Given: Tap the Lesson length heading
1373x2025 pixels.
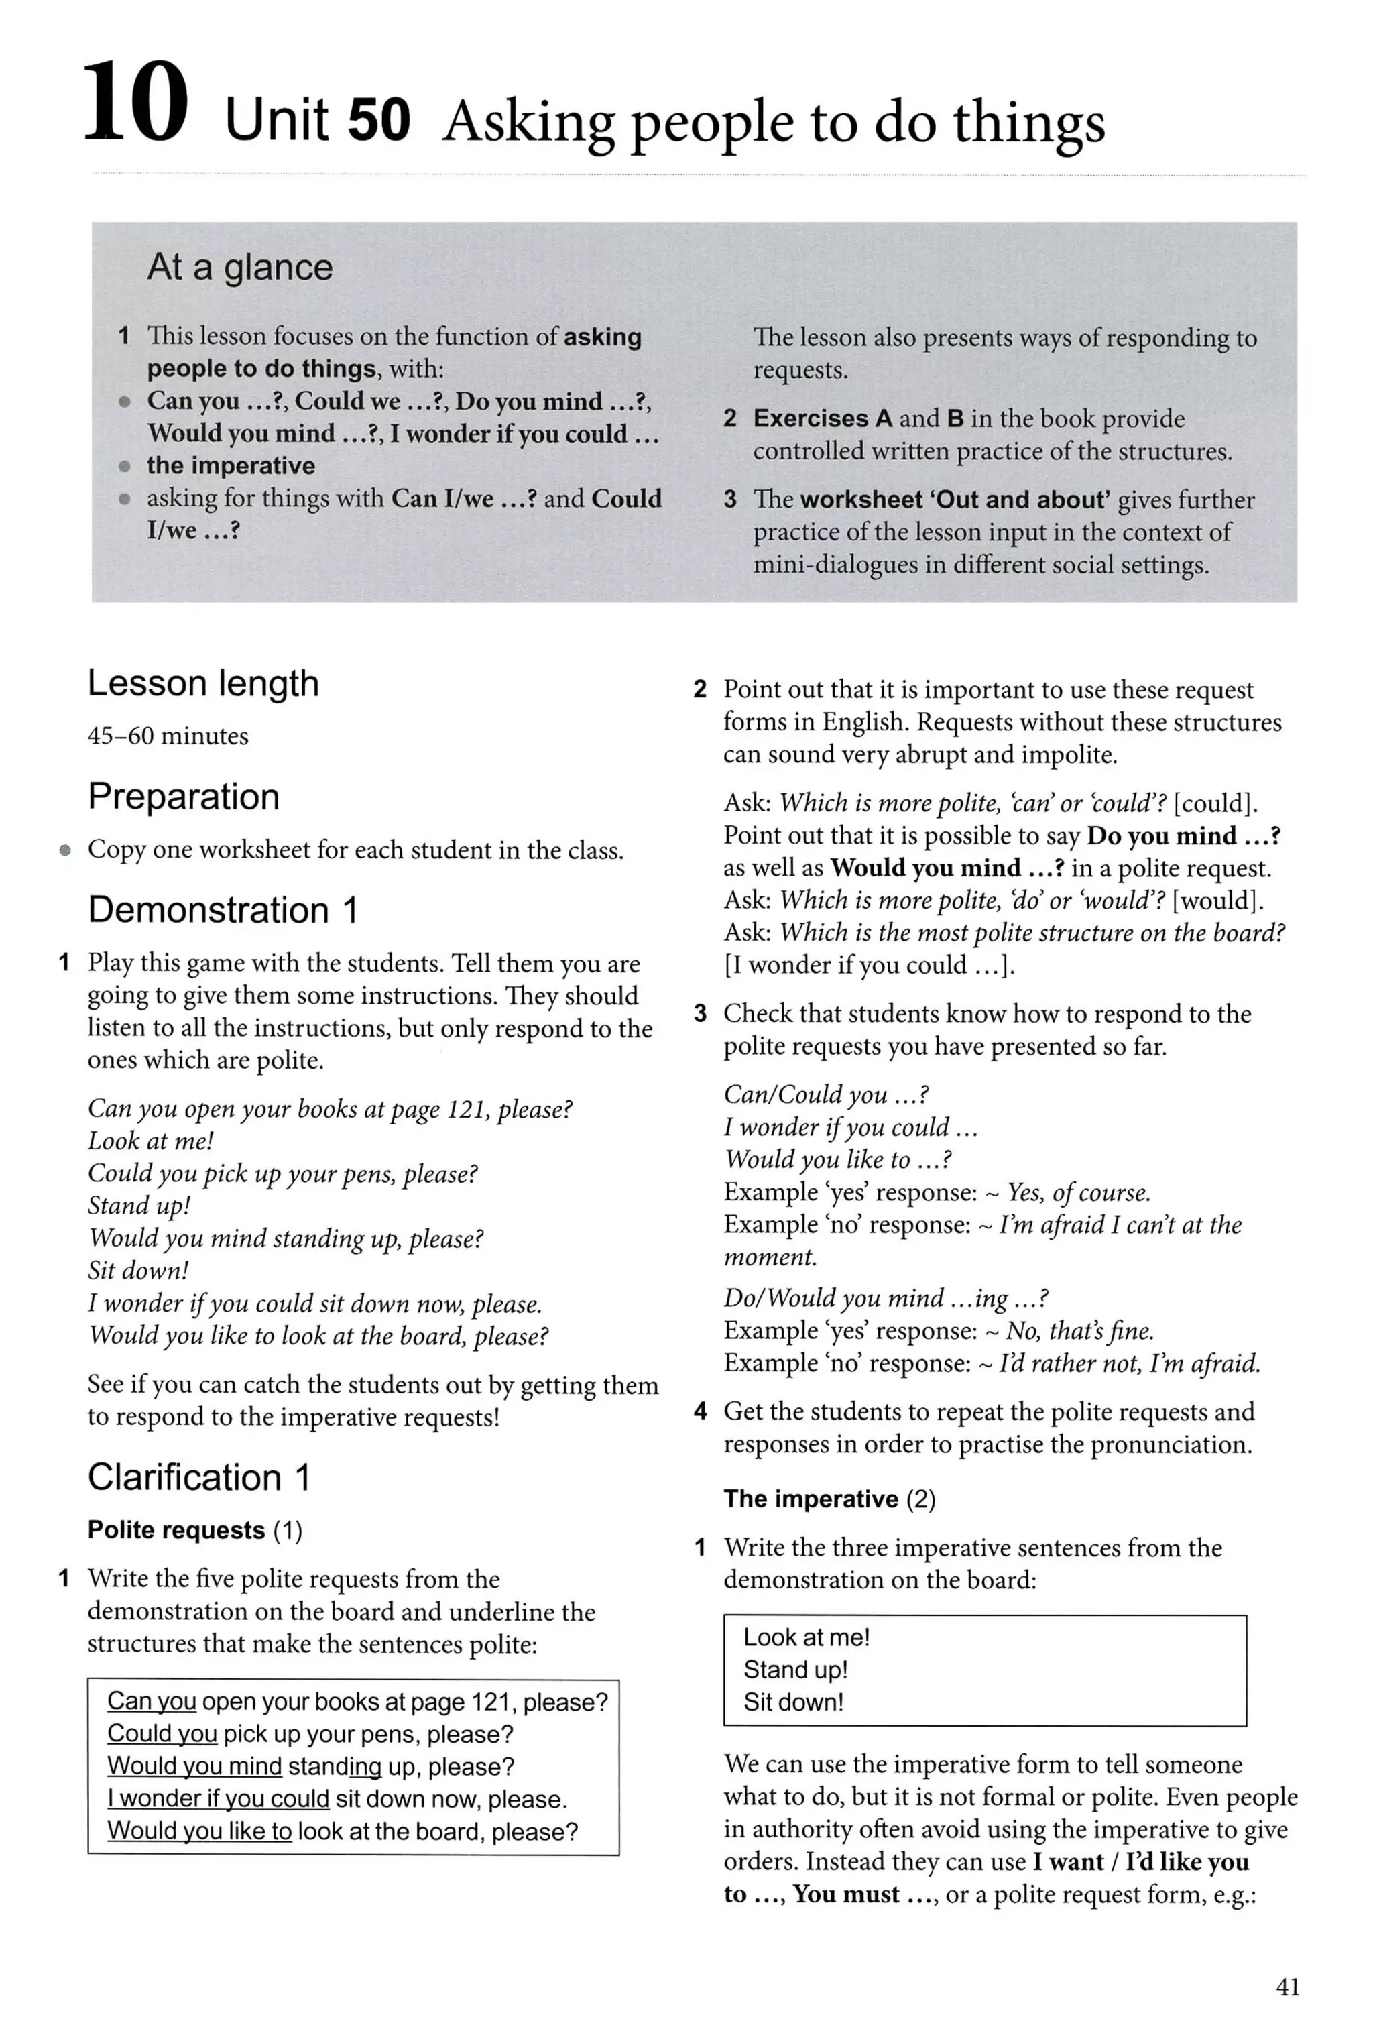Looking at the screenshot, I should point(203,684).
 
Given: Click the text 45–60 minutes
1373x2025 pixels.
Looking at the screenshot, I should point(168,736).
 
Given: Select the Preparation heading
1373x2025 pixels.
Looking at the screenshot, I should point(183,797).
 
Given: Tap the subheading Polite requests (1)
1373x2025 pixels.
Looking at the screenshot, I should point(194,1530).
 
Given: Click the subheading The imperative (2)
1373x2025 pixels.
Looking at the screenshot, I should point(829,1499).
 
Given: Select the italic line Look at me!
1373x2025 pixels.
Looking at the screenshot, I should point(150,1141).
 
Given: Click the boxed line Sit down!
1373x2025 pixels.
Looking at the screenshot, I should point(793,1702).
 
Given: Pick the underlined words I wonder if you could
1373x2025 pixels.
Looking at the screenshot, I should point(218,1799).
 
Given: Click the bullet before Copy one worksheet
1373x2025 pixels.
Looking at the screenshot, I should point(64,850).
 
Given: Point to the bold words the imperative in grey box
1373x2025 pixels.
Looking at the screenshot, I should point(230,466).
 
